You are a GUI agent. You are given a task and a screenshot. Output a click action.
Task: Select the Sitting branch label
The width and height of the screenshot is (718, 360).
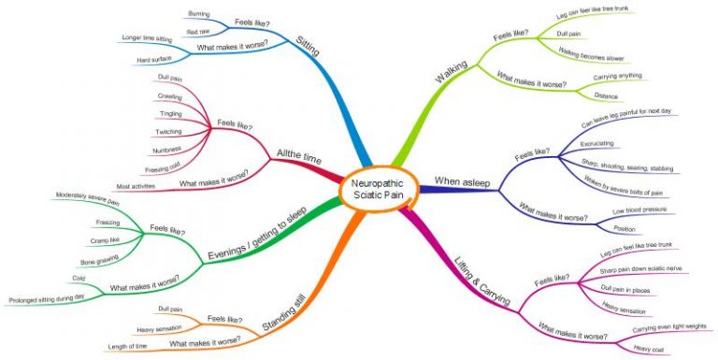(308, 47)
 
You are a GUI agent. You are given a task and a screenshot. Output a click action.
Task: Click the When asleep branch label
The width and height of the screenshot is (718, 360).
(462, 179)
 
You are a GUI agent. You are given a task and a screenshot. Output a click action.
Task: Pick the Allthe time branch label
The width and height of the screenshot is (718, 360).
(301, 157)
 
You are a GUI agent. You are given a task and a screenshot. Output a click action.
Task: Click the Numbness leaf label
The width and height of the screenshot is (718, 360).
(168, 150)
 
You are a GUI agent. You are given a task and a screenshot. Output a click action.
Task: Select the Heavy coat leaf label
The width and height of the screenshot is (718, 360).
(648, 348)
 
